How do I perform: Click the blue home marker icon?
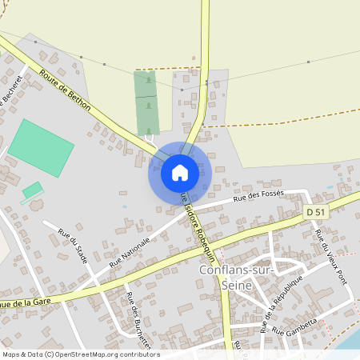tap(180, 172)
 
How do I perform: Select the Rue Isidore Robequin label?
tap(194, 225)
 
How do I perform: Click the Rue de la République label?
tap(282, 305)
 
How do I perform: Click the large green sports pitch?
tap(42, 147)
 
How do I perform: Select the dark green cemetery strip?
tap(146, 103)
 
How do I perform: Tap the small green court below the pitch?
tap(33, 190)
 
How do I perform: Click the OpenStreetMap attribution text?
tap(80, 354)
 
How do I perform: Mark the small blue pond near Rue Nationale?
tap(124, 206)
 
